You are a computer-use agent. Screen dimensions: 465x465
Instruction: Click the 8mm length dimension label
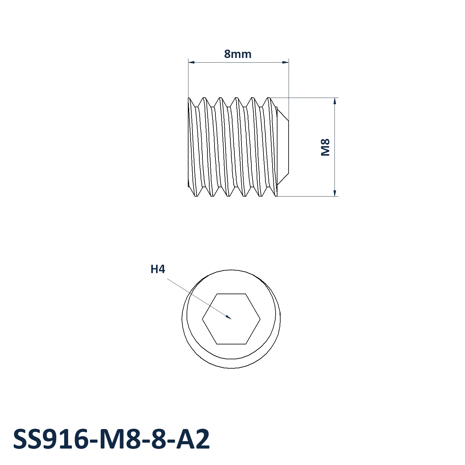click(x=238, y=54)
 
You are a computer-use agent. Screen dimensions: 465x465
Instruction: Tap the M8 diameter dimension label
click(x=325, y=147)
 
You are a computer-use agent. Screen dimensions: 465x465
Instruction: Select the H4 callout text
click(x=158, y=269)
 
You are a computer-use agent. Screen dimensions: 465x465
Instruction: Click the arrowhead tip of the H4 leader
click(x=231, y=319)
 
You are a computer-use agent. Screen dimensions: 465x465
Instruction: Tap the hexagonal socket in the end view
click(x=231, y=319)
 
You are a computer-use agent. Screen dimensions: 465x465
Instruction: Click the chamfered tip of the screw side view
click(x=283, y=147)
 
